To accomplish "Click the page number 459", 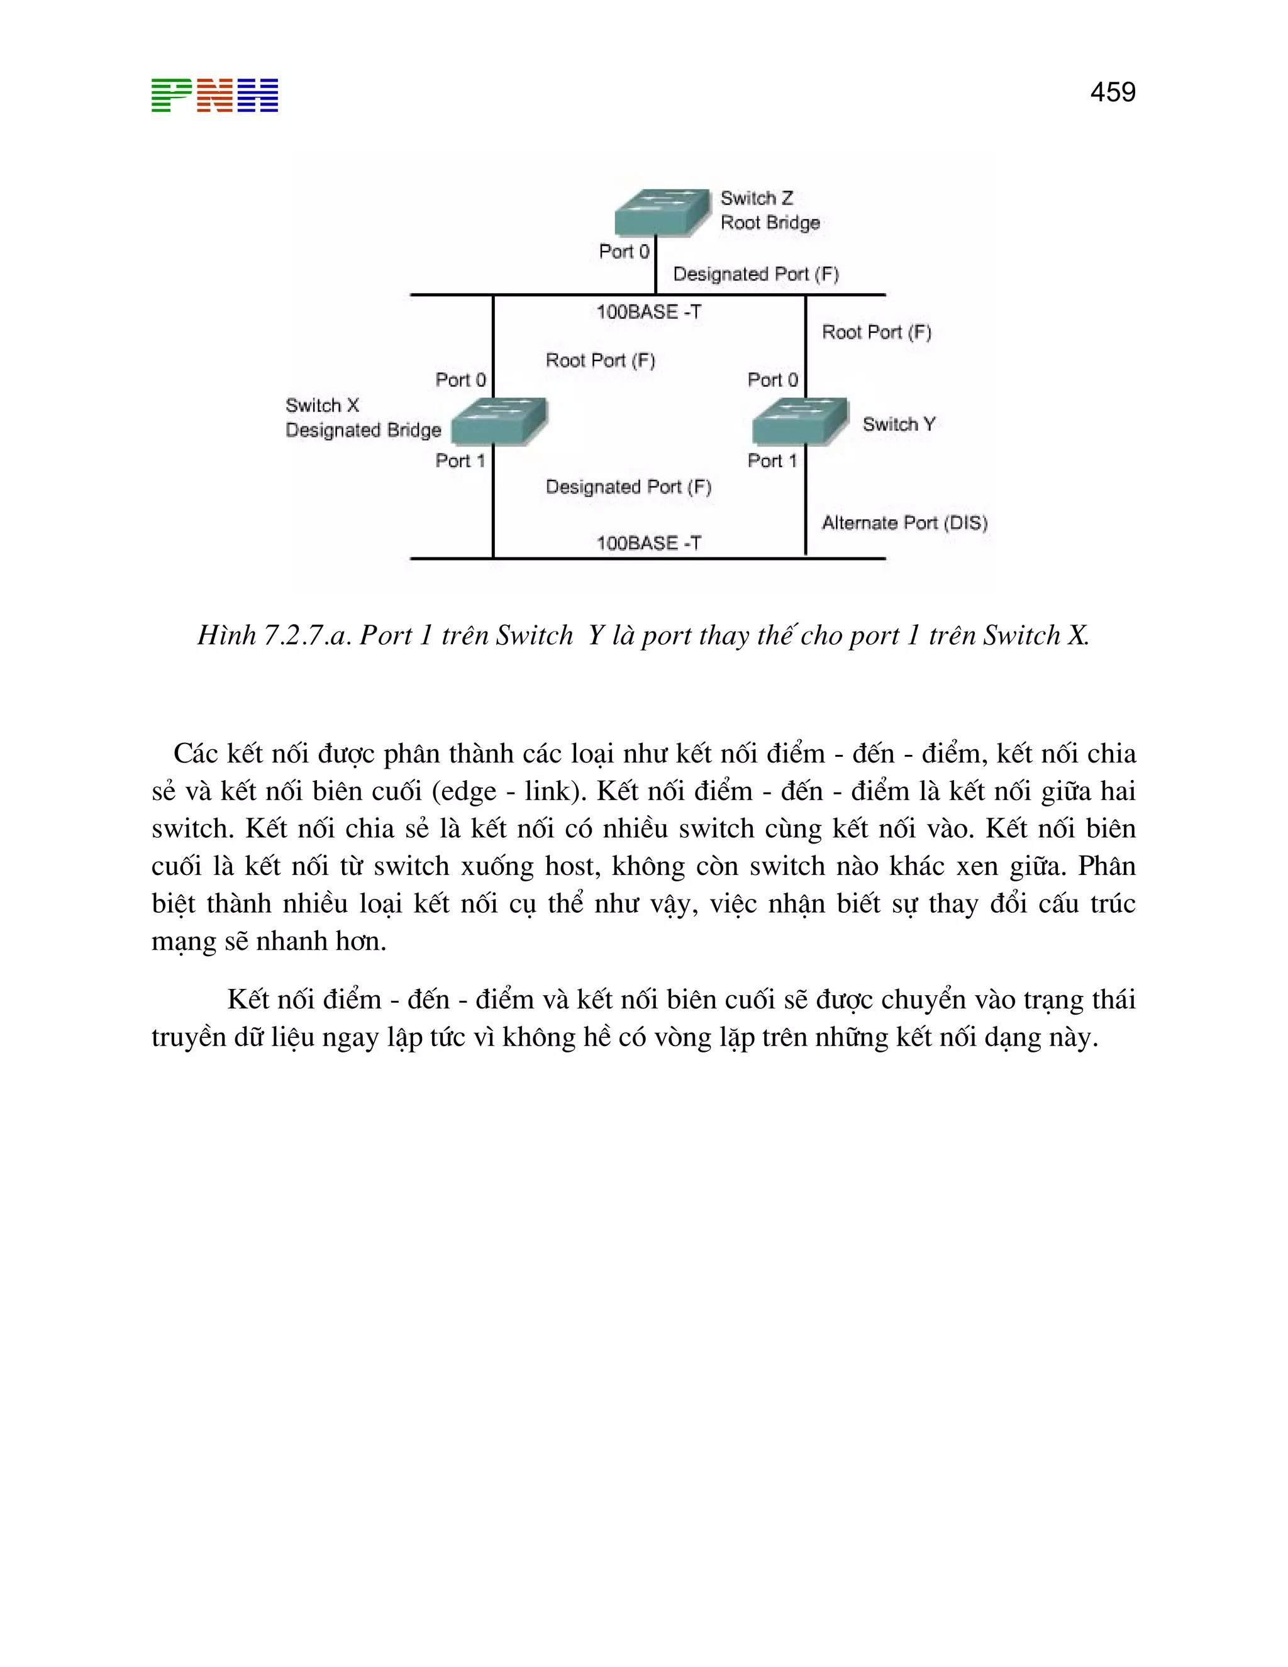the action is click(x=1113, y=92).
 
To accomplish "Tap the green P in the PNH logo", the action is click(x=171, y=96).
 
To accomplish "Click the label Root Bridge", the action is click(x=770, y=223).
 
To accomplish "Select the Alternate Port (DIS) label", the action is click(x=904, y=523).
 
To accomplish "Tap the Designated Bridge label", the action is click(x=364, y=430).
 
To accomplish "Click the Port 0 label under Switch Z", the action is click(x=623, y=252).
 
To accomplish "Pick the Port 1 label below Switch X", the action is click(x=460, y=461).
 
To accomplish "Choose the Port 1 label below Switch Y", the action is click(x=772, y=461).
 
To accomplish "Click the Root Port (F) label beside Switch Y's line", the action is click(x=876, y=332).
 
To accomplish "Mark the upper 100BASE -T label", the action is click(x=648, y=312).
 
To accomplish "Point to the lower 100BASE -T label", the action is click(x=648, y=544).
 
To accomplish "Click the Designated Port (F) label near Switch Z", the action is click(x=755, y=274).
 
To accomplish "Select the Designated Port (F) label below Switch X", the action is click(x=628, y=487).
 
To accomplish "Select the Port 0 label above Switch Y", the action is click(x=772, y=380).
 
